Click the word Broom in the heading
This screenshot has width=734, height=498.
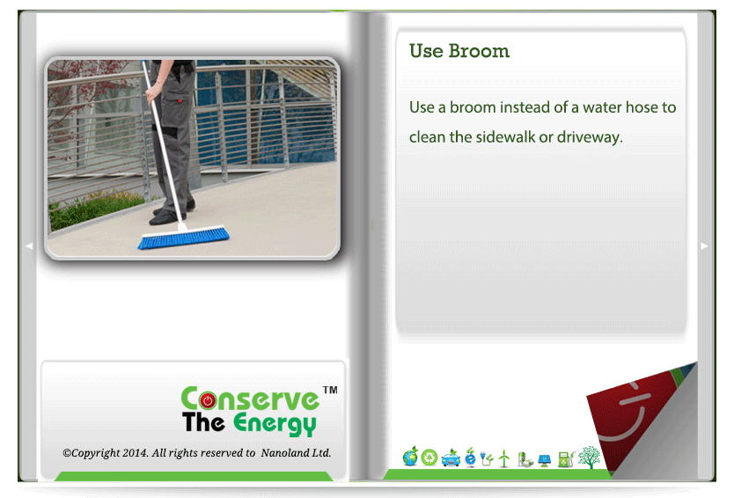pos(479,50)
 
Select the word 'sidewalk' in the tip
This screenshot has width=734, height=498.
pos(505,136)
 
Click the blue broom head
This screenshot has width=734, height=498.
pos(183,238)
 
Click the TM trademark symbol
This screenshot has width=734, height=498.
pos(330,390)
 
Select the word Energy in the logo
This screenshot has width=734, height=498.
pos(275,424)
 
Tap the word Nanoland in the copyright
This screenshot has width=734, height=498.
pos(281,453)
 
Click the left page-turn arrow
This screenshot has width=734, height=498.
pos(29,245)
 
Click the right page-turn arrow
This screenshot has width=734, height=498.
pos(704,246)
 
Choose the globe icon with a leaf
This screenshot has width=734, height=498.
pos(410,457)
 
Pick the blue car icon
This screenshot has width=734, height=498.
pos(451,458)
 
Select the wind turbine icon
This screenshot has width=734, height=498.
pos(504,458)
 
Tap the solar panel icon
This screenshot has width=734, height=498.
pos(545,460)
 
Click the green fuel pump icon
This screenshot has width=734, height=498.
pos(567,459)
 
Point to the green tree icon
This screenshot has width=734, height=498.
pos(590,458)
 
